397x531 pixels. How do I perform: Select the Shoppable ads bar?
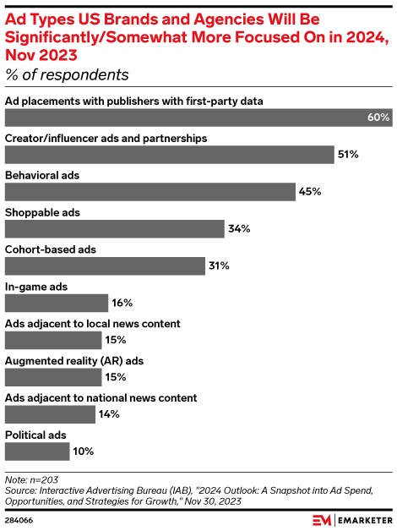click(x=115, y=228)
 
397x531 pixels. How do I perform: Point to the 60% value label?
click(x=378, y=118)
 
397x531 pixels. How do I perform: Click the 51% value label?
click(x=349, y=155)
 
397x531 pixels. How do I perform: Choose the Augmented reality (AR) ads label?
click(x=74, y=361)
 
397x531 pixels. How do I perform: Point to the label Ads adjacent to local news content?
click(x=93, y=324)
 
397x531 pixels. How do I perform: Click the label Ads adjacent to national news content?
click(x=101, y=398)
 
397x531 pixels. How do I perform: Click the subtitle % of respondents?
click(x=67, y=75)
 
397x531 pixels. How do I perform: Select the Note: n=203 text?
click(x=28, y=479)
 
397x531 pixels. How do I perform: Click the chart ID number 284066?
click(x=19, y=520)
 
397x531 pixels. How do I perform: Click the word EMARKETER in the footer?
click(x=365, y=519)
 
